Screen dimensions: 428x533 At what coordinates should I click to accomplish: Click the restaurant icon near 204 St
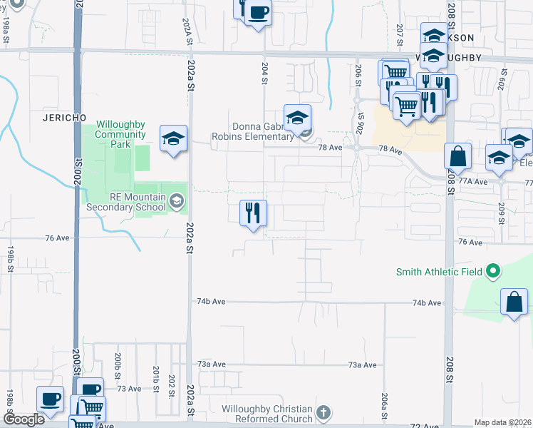pyautogui.click(x=252, y=213)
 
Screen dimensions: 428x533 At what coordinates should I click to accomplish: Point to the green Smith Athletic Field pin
pyautogui.click(x=492, y=271)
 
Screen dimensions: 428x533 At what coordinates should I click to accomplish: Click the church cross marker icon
pyautogui.click(x=324, y=412)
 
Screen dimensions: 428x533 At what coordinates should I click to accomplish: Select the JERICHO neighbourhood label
pyautogui.click(x=64, y=116)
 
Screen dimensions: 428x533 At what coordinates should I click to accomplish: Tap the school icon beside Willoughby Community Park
pyautogui.click(x=173, y=138)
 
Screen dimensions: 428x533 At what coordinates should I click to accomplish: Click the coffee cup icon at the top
pyautogui.click(x=259, y=12)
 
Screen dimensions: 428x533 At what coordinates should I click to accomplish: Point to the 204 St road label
pyautogui.click(x=264, y=74)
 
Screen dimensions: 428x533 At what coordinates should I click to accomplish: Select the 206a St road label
pyautogui.click(x=385, y=404)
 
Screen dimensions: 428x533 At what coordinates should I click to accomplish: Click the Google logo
pyautogui.click(x=24, y=420)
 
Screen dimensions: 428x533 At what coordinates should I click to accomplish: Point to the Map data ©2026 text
pyautogui.click(x=502, y=422)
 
